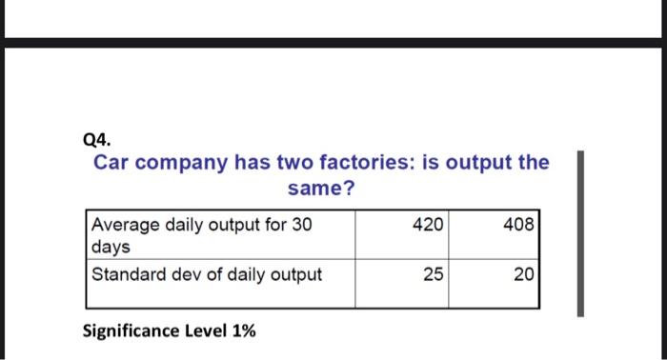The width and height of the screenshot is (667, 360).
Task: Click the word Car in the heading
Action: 111,162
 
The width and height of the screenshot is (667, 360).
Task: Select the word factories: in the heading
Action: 358,162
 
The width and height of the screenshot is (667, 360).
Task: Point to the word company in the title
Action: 181,162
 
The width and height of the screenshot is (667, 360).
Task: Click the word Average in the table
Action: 125,226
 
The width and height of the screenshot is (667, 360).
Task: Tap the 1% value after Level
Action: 243,330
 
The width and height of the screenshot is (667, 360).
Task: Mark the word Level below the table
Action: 207,330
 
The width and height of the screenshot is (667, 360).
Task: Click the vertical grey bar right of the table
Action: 578,232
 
